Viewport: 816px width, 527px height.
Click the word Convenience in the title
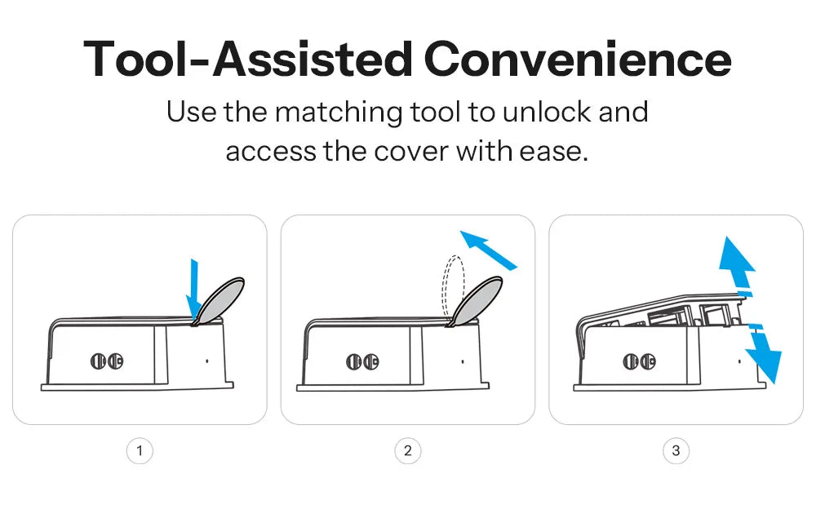(578, 60)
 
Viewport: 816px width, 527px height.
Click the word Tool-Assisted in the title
(247, 60)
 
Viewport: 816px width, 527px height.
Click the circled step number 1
(140, 450)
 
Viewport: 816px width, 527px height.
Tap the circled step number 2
(408, 450)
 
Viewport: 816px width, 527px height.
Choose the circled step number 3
(676, 450)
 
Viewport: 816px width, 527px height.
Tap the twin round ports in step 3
(638, 361)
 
